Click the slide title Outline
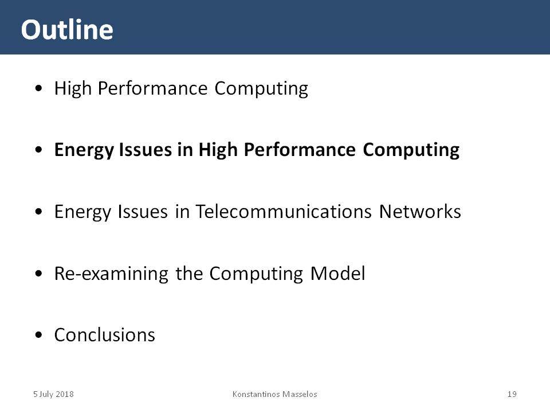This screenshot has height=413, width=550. [x=67, y=29]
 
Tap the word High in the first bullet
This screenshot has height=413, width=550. [x=73, y=88]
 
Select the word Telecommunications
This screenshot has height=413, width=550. [x=284, y=212]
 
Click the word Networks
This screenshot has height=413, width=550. [x=420, y=212]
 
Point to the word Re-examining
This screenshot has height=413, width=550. [x=111, y=274]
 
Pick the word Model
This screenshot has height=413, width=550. [x=338, y=273]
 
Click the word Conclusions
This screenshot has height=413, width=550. [x=104, y=334]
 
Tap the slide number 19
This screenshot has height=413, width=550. [x=512, y=394]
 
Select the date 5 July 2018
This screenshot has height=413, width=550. [x=53, y=395]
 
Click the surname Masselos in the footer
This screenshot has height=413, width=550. [x=300, y=394]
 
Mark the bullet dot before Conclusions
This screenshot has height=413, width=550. [x=38, y=335]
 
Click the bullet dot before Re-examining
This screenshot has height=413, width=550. [x=38, y=274]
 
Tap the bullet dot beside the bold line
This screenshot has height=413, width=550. [x=38, y=150]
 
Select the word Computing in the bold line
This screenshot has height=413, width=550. [x=411, y=150]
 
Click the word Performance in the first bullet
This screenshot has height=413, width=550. [x=152, y=88]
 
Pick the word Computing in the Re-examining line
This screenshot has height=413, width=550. [x=256, y=274]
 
